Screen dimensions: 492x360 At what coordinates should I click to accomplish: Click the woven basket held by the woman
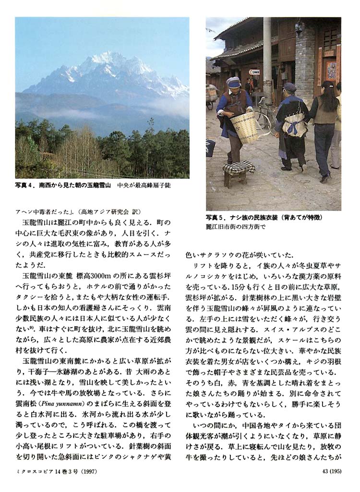pos(245,127)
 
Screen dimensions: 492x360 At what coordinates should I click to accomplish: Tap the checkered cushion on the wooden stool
pos(239,167)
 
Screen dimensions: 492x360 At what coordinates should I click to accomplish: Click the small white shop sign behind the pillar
pos(254,72)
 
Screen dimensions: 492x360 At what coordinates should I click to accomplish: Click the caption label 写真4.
pos(25,185)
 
